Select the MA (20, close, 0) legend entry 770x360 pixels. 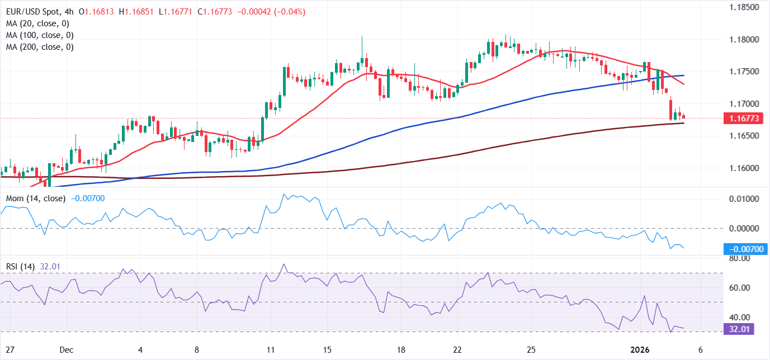[x=37, y=23]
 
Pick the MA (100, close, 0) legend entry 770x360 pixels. [x=39, y=35]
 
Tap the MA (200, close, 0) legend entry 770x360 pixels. [x=39, y=47]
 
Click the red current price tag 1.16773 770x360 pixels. [x=741, y=119]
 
